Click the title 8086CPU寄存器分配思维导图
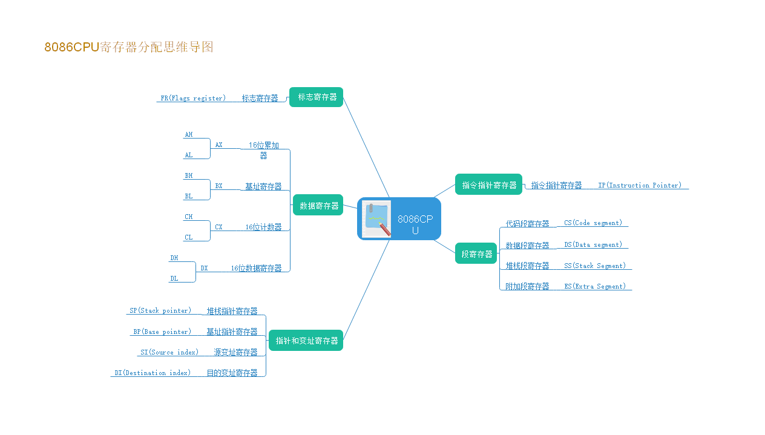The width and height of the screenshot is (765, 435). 129,47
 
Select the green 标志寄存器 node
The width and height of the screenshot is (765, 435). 317,97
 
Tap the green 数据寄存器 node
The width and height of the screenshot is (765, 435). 318,205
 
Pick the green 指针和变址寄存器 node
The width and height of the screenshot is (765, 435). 306,341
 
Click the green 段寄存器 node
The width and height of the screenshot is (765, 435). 476,253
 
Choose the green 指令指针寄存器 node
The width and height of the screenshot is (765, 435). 488,185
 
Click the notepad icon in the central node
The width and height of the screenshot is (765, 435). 376,219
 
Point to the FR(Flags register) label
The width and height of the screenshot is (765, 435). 193,98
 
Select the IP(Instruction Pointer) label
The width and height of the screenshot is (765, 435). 640,185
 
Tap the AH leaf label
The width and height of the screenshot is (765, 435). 189,134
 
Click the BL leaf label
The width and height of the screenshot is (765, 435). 189,196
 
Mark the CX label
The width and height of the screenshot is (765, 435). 218,227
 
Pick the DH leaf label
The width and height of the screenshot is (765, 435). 174,258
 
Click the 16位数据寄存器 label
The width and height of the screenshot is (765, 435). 256,268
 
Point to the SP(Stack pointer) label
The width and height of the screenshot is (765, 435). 160,310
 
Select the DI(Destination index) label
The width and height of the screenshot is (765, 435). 153,373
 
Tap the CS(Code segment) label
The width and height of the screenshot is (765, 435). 593,223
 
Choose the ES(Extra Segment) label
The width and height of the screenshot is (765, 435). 595,286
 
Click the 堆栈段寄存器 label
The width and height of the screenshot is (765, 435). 527,266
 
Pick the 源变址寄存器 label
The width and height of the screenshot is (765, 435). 235,352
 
